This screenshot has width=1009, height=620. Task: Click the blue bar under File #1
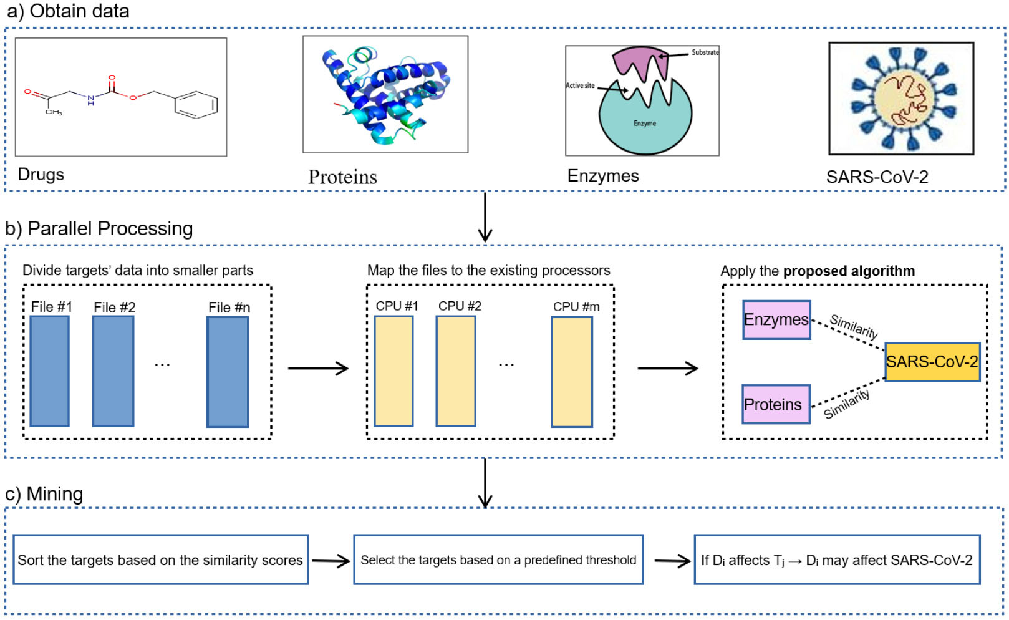[50, 371]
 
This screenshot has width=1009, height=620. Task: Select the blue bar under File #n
[228, 372]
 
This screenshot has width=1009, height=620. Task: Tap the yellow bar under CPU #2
[456, 371]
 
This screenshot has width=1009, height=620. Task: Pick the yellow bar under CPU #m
[572, 372]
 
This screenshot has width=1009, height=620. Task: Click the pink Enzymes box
[776, 320]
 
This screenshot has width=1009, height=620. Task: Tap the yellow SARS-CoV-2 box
[932, 362]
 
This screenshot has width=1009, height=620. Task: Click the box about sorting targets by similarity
[160, 560]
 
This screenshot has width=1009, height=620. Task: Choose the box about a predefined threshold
[498, 560]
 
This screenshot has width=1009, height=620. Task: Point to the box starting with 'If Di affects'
[837, 560]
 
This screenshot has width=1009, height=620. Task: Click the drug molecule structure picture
[121, 97]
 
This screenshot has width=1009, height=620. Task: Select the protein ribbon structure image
[385, 94]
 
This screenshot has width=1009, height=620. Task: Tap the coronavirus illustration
[901, 99]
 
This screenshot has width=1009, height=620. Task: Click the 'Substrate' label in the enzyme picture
[705, 52]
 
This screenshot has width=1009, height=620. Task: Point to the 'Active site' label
[580, 85]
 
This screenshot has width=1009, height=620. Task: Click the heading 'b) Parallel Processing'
[99, 229]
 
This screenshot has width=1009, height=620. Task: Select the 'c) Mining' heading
[44, 494]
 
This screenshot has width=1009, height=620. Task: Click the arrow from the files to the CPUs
[318, 369]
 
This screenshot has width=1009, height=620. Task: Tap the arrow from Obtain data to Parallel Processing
[485, 217]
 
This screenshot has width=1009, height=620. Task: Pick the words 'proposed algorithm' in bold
[849, 271]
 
